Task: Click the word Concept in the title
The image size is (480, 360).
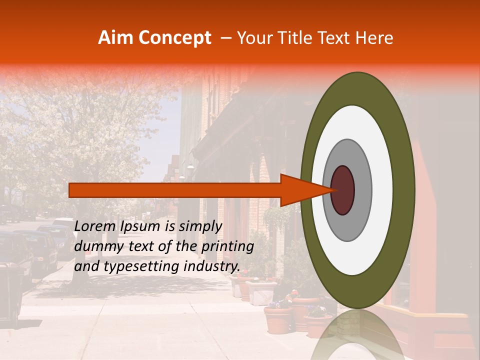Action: coord(174,38)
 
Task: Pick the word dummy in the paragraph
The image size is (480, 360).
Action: coord(97,246)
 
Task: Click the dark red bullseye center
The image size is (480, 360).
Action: coord(343,190)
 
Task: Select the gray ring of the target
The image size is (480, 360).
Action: coord(362,190)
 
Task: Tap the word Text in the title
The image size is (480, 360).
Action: coord(335,38)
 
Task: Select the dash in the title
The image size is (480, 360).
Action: coord(226,38)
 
